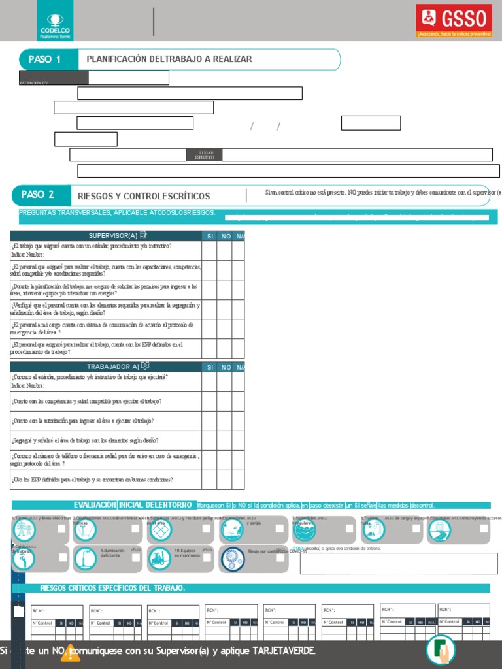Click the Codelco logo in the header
pyautogui.click(x=56, y=24)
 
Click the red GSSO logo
pyautogui.click(x=454, y=22)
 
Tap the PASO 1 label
pyautogui.click(x=44, y=59)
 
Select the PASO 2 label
pyautogui.click(x=37, y=195)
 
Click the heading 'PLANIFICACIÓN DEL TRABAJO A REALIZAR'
pyautogui.click(x=169, y=59)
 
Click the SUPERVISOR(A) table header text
pyautogui.click(x=112, y=235)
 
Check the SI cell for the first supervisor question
pyautogui.click(x=209, y=250)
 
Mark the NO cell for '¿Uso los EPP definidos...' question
pyautogui.click(x=224, y=480)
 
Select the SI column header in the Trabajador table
pyautogui.click(x=210, y=367)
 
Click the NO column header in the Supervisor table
pyautogui.click(x=226, y=235)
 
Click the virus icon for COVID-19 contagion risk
pyautogui.click(x=233, y=558)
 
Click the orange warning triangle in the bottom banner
pyautogui.click(x=70, y=652)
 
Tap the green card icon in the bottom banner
pyautogui.click(x=441, y=650)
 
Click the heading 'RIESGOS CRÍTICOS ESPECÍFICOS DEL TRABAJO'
pyautogui.click(x=112, y=588)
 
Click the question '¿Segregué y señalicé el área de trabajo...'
pyautogui.click(x=85, y=440)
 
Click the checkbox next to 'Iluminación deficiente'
pyautogui.click(x=136, y=557)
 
